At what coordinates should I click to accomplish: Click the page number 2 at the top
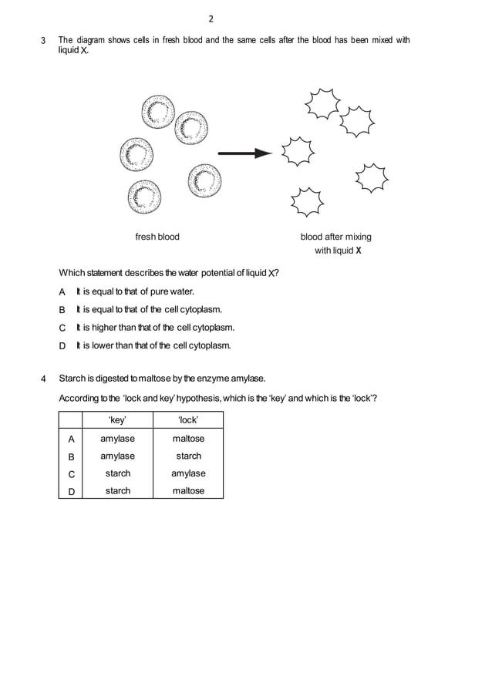click(x=211, y=19)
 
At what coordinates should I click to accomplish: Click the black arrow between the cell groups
click(x=245, y=153)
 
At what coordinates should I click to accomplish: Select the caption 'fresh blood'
click(x=157, y=237)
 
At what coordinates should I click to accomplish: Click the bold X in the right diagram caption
click(x=359, y=251)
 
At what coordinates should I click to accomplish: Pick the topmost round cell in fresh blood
click(x=158, y=112)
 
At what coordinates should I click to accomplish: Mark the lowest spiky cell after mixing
click(x=307, y=203)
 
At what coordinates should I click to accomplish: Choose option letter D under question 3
click(x=62, y=345)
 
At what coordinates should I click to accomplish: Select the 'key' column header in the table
click(x=117, y=420)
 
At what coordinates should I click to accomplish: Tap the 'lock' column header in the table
click(x=188, y=420)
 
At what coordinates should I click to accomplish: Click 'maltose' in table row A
click(x=188, y=439)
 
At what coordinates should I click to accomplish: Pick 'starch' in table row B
click(x=188, y=456)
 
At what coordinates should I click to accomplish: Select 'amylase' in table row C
click(x=188, y=473)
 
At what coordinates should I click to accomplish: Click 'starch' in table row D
click(x=117, y=490)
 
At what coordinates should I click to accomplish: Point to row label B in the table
click(x=72, y=456)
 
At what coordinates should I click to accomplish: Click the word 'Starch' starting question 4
click(x=72, y=379)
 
